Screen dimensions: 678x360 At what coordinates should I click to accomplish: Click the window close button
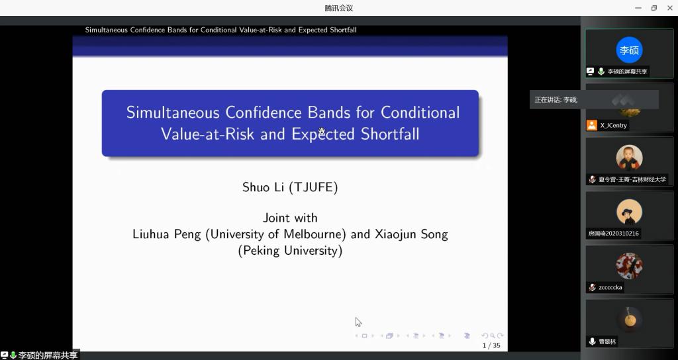[670, 8]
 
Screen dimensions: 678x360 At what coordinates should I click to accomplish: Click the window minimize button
[638, 8]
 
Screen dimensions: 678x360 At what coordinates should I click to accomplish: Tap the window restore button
[654, 8]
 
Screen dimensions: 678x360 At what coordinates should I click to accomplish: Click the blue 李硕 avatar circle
[629, 50]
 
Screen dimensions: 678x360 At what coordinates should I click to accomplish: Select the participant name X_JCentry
[613, 125]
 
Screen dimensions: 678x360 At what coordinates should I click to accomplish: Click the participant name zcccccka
[610, 287]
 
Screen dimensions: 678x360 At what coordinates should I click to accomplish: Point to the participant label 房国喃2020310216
[613, 234]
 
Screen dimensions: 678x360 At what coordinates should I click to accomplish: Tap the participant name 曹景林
[607, 341]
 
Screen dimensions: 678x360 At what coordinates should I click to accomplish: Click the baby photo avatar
[629, 158]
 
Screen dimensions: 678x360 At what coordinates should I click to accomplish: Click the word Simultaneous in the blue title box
[173, 112]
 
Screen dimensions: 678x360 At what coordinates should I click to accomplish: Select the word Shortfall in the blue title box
[390, 134]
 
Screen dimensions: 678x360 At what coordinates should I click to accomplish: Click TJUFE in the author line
[313, 187]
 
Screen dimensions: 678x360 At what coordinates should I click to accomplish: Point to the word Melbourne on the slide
[315, 234]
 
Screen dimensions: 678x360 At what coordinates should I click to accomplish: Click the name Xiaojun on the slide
[393, 234]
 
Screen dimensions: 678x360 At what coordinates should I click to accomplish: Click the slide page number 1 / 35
[491, 345]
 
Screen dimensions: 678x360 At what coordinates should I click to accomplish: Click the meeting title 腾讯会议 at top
[339, 8]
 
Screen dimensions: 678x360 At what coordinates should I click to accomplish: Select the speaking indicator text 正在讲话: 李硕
[556, 100]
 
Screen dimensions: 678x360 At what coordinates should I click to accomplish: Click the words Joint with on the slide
[290, 218]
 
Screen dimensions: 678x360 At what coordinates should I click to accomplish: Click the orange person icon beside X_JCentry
[591, 125]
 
